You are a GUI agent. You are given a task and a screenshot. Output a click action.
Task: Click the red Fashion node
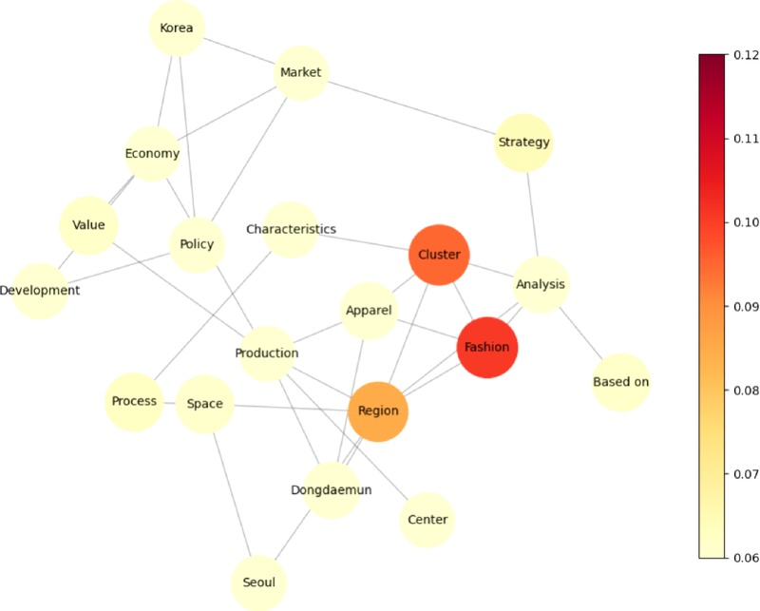point(487,348)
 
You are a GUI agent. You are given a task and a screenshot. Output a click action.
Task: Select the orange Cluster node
point(439,255)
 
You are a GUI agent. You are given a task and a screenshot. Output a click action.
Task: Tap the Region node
point(378,411)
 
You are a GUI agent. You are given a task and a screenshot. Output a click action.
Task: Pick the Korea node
point(177,29)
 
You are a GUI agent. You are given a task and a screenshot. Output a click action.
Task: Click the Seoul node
point(258,582)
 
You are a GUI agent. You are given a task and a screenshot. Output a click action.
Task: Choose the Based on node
point(621,382)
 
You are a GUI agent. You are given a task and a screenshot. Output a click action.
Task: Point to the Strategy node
point(523,143)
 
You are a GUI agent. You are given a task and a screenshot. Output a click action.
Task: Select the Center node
point(427,520)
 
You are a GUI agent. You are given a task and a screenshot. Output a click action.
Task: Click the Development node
point(40,291)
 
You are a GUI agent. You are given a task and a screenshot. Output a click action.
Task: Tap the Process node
point(134,402)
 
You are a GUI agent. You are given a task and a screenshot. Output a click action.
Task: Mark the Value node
point(88,225)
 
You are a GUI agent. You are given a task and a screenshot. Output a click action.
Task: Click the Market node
point(301,73)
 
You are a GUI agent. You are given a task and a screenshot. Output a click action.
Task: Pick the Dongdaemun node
point(332,490)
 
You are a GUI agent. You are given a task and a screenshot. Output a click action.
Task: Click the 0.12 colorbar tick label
point(746,55)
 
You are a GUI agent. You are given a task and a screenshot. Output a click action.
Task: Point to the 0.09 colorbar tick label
point(746,307)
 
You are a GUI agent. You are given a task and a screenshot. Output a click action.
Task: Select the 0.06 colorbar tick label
point(746,558)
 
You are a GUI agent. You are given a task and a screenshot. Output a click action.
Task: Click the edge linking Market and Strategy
point(412,108)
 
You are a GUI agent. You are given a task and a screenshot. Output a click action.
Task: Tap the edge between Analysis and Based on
point(581,334)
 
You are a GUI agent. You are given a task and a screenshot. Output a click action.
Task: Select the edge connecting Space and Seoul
point(232,494)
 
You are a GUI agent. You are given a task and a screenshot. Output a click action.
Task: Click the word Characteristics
point(291,229)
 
